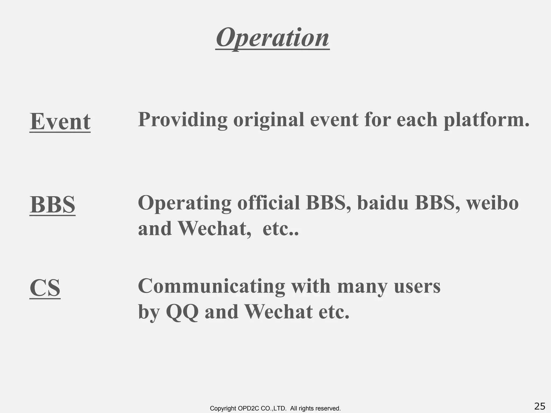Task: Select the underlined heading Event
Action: [60, 122]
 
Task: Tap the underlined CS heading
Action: [45, 288]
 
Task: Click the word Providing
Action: [182, 119]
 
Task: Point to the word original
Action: [269, 120]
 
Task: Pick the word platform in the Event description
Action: [486, 120]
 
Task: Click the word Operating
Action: [185, 203]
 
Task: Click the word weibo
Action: [492, 203]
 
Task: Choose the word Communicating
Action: [211, 287]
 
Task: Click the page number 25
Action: [540, 406]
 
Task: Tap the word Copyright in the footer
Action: [223, 408]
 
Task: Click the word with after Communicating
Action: [311, 286]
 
